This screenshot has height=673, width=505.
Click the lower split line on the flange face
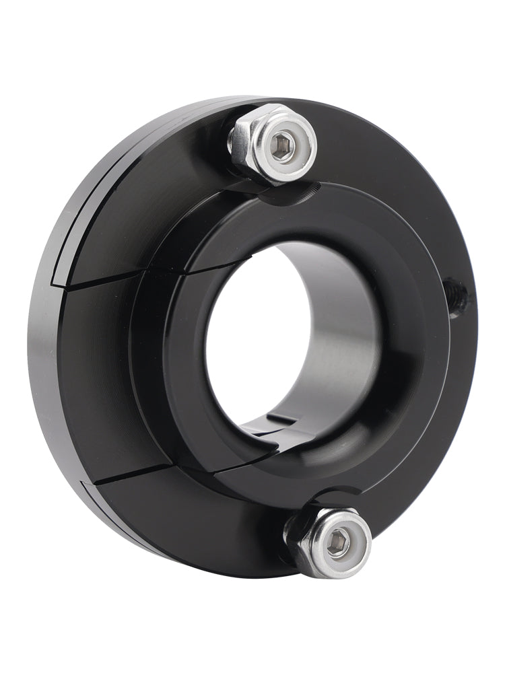coord(121,474)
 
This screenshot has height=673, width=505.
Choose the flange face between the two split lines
coord(101,377)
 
